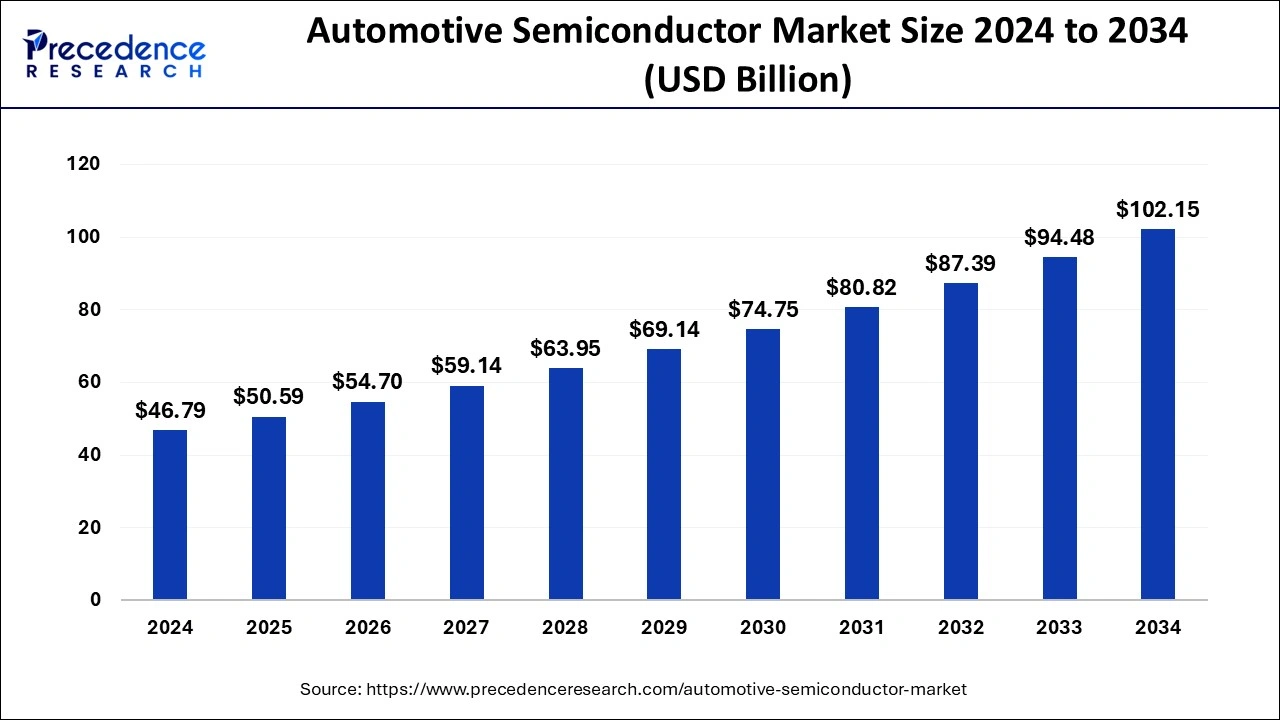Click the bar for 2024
(170, 515)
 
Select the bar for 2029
(664, 474)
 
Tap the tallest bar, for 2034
(1158, 414)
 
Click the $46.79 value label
(170, 411)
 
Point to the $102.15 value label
(1158, 210)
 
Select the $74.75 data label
(763, 310)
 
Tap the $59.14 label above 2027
(466, 366)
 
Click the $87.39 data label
(961, 264)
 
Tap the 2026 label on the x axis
(368, 628)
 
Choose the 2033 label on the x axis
(1059, 628)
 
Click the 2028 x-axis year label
(565, 628)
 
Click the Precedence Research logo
(115, 55)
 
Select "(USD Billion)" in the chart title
(747, 79)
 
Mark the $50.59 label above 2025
(268, 397)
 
